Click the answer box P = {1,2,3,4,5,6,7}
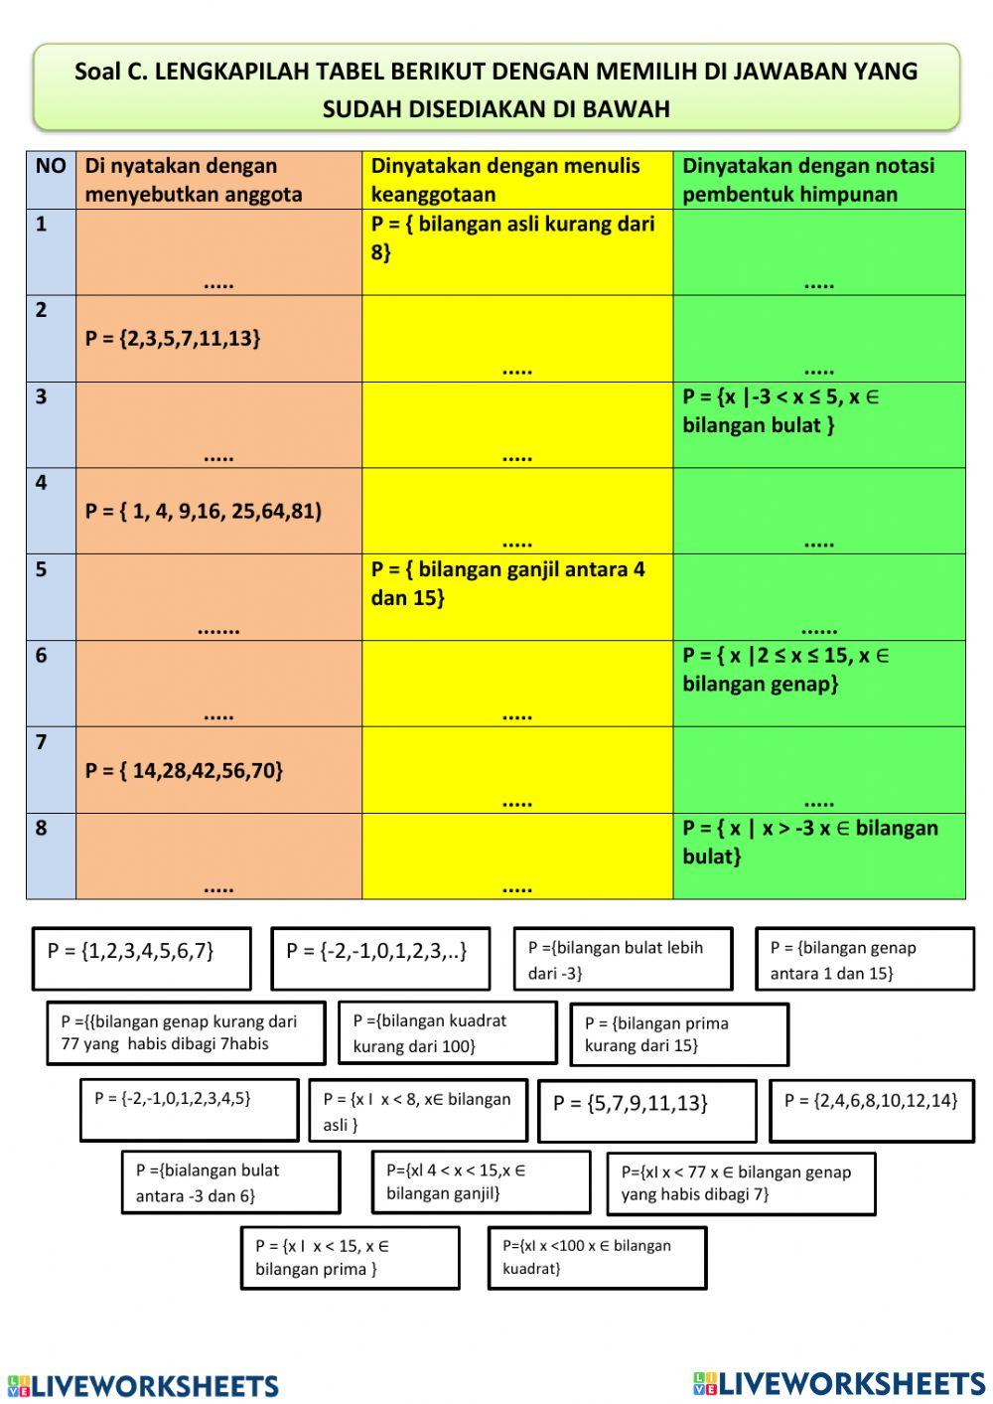141,958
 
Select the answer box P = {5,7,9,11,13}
646,1110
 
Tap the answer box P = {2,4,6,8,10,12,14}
871,1110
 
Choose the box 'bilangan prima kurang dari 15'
679,1034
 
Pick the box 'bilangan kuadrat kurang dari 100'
447,1032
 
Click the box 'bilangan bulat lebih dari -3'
623,959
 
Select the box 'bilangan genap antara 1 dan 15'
864,959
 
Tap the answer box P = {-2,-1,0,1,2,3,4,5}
189,1109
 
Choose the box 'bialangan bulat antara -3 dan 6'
230,1181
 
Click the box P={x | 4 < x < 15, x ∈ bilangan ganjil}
481,1181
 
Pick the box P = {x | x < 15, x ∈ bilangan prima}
350,1257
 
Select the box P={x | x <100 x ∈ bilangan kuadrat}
597,1257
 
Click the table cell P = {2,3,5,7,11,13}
174,339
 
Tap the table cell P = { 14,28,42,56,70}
185,770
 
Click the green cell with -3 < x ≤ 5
781,410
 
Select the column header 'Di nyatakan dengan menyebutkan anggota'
194,180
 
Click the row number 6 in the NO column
42,656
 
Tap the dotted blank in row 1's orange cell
218,283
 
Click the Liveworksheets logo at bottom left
143,1385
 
